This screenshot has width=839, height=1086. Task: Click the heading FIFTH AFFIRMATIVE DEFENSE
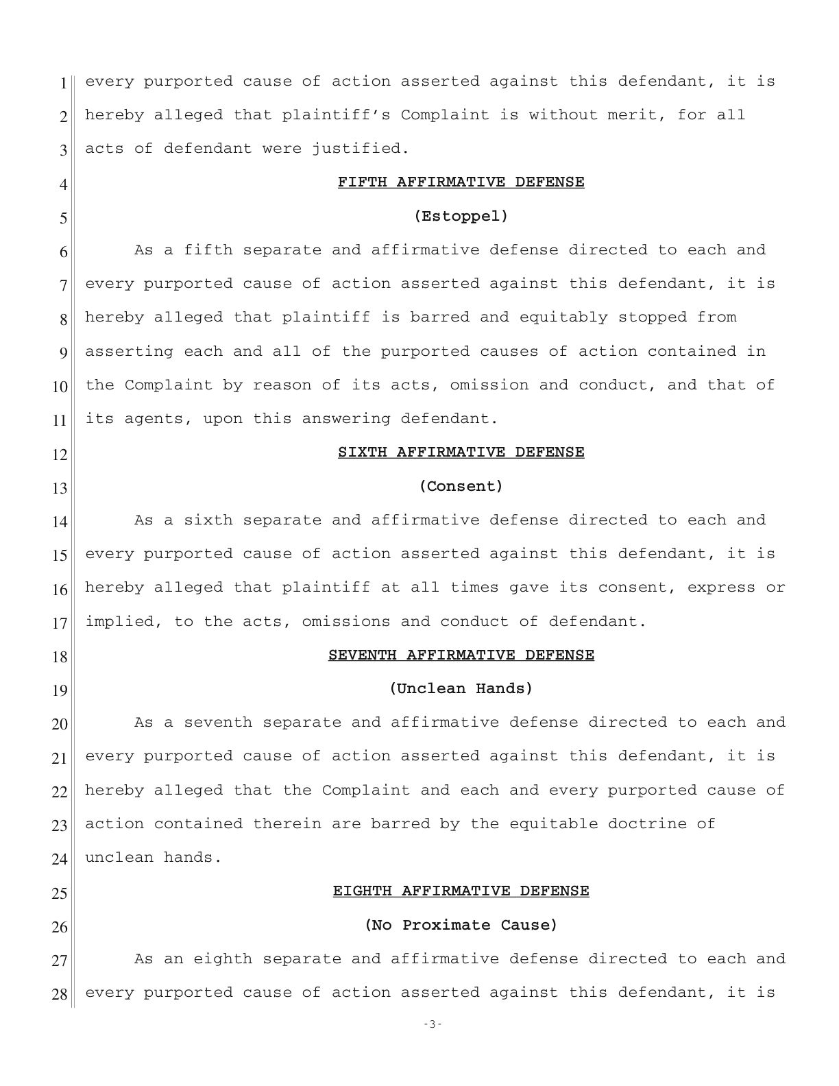tap(461, 182)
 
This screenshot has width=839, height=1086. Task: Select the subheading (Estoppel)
tap(461, 216)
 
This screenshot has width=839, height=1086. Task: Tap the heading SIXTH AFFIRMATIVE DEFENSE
tap(461, 452)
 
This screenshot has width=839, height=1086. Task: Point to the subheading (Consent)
tap(461, 486)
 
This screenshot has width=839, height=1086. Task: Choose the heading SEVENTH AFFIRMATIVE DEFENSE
tap(461, 655)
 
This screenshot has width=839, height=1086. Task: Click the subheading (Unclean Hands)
tap(461, 688)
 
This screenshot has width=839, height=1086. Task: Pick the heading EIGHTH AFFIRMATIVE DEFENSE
tap(461, 891)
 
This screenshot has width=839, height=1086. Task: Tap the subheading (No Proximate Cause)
tap(461, 925)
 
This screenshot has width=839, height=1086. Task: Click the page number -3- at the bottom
tap(433, 1024)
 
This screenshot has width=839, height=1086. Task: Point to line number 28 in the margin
tap(60, 994)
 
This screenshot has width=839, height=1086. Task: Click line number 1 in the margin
tap(63, 84)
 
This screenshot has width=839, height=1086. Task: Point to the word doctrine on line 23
tap(646, 823)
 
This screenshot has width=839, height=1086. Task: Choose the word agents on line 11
tap(154, 419)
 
